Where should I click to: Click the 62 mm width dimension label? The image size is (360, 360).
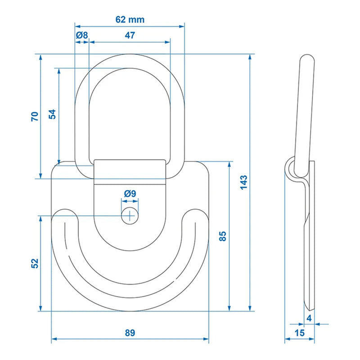(130, 19)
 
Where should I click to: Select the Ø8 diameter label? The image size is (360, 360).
(81, 35)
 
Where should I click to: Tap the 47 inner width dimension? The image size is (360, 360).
(130, 35)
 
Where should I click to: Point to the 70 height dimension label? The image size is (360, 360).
(34, 116)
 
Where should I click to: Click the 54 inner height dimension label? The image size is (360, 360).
(52, 114)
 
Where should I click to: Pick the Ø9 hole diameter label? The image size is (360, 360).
(130, 193)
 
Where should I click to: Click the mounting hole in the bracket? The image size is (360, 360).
(130, 216)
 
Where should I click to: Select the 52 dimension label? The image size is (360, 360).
(34, 263)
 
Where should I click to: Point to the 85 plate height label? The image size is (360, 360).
(223, 236)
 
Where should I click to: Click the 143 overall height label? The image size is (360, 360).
(243, 182)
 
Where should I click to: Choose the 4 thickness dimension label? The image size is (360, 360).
(309, 318)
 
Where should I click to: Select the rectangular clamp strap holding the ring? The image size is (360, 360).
(130, 172)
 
